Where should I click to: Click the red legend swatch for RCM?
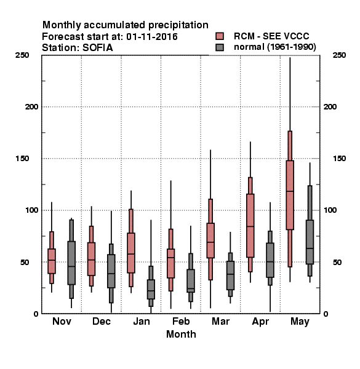point(220,36)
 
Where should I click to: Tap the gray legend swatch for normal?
point(220,47)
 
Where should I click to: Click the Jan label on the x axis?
point(142,321)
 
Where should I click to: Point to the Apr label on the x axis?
point(260,322)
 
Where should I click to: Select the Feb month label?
point(181,321)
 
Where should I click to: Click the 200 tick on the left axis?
point(31,107)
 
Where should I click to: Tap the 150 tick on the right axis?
point(339,159)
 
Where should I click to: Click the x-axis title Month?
point(181,334)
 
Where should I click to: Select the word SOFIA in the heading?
point(98,48)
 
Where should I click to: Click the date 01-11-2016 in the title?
point(152,37)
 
